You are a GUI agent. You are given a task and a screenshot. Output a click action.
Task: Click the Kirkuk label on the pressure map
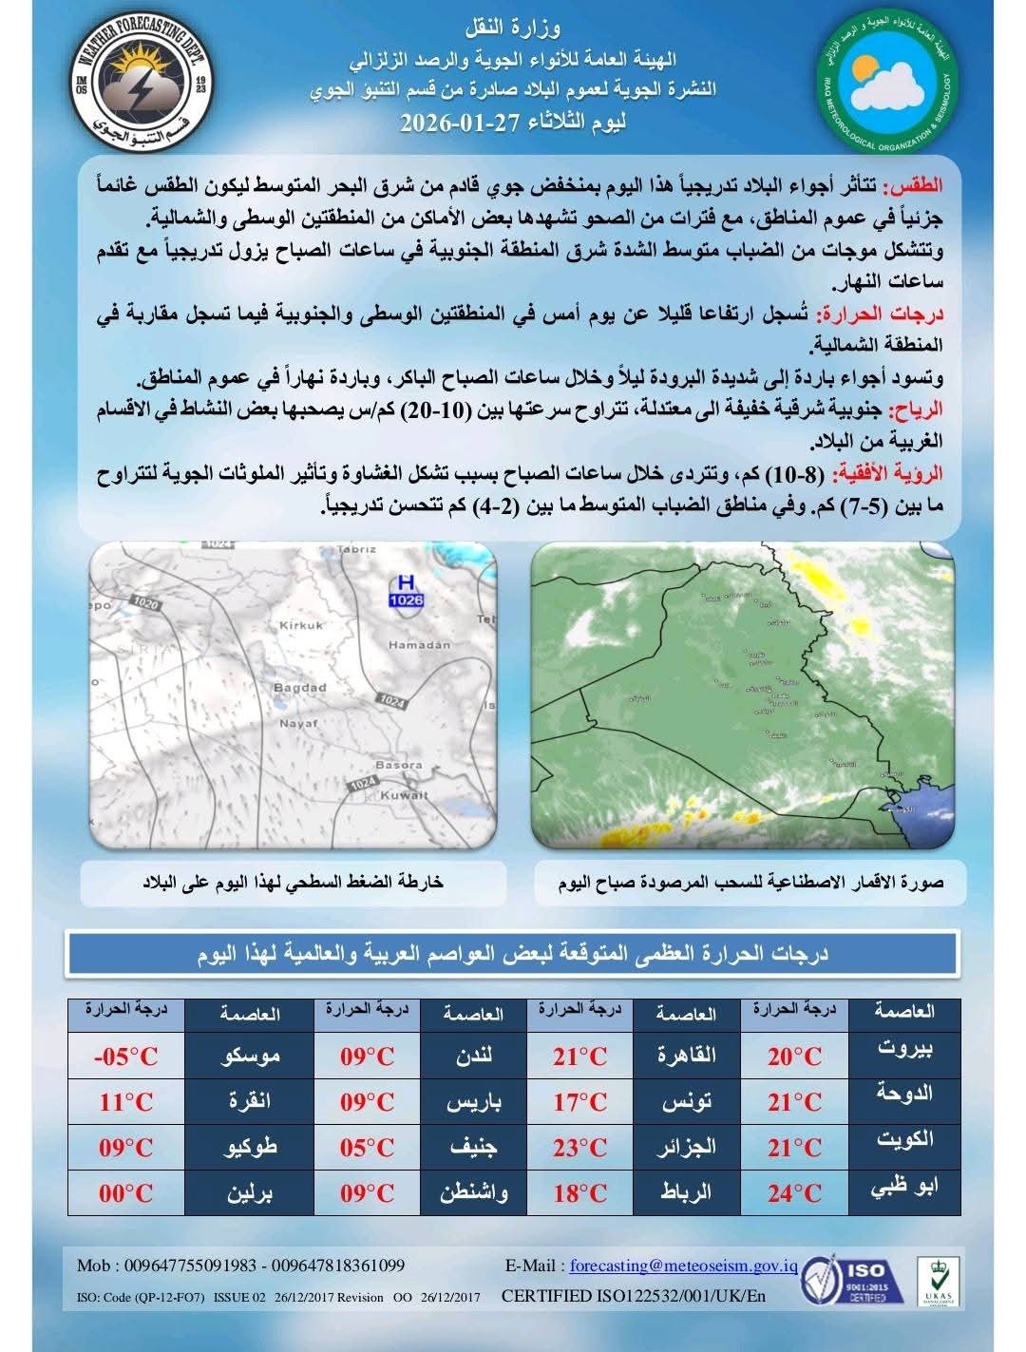(x=301, y=625)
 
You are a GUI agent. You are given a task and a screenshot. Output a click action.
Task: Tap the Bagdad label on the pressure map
(x=299, y=688)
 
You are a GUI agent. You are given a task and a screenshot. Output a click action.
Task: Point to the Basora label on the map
(x=398, y=764)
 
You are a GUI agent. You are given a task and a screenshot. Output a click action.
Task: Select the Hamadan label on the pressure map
(x=419, y=645)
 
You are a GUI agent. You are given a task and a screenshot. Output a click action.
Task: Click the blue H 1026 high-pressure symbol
(x=406, y=591)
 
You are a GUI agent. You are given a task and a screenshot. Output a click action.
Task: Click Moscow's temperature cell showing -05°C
(x=126, y=1057)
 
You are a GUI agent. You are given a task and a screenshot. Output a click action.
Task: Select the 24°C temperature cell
(x=794, y=1193)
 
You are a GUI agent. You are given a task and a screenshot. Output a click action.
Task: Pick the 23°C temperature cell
(x=579, y=1148)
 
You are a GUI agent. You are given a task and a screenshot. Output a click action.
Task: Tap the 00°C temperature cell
(x=126, y=1193)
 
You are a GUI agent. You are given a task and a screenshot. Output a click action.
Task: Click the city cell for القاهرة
(x=686, y=1057)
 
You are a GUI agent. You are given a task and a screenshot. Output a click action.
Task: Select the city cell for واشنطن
(x=473, y=1193)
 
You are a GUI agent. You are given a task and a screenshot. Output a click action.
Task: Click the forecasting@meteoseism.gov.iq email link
(x=683, y=1266)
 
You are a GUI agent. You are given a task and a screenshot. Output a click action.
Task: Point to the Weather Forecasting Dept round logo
(x=142, y=88)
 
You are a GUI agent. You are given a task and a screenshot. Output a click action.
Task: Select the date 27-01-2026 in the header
(x=454, y=124)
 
